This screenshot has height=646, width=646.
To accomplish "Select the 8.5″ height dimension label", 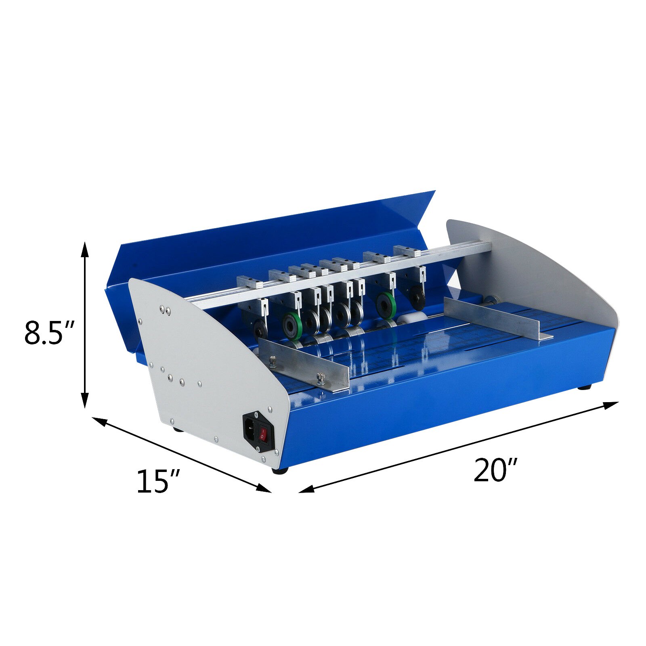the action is point(50,332).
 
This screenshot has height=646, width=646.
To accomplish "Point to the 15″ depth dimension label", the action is point(158,481).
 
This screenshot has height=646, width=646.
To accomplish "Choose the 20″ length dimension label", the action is point(495,470).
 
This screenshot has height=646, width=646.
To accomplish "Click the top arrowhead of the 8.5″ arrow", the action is point(84,249).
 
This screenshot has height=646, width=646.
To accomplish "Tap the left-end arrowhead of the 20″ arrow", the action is point(306,489).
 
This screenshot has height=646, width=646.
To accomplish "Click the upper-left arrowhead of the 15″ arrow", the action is point(100,421).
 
